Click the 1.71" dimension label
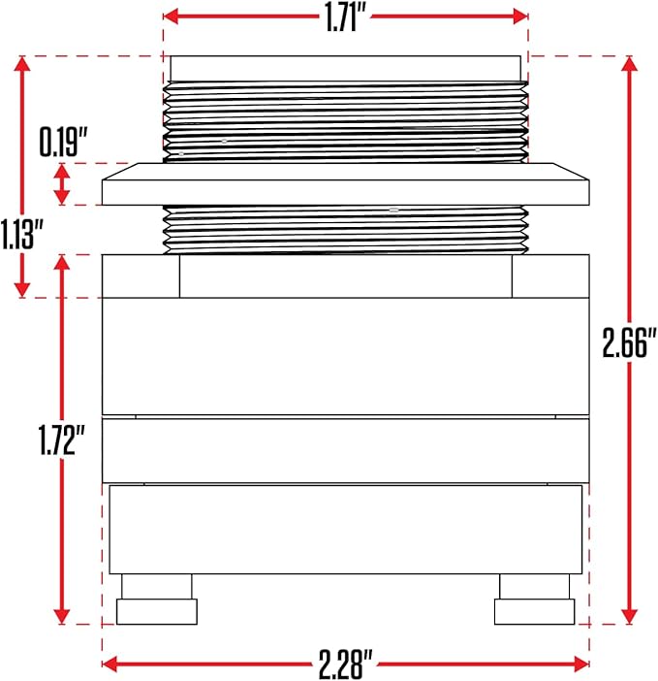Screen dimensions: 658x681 (345, 18)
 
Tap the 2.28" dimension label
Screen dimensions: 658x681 (346, 665)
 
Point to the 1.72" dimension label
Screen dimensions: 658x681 (62, 440)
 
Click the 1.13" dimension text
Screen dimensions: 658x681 (23, 235)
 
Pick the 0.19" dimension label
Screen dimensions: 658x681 (64, 142)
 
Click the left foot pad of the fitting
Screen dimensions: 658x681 (157, 611)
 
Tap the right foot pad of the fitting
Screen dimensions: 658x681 (534, 611)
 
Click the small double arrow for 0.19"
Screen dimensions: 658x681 (62, 184)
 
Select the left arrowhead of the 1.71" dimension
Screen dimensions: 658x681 (171, 16)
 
